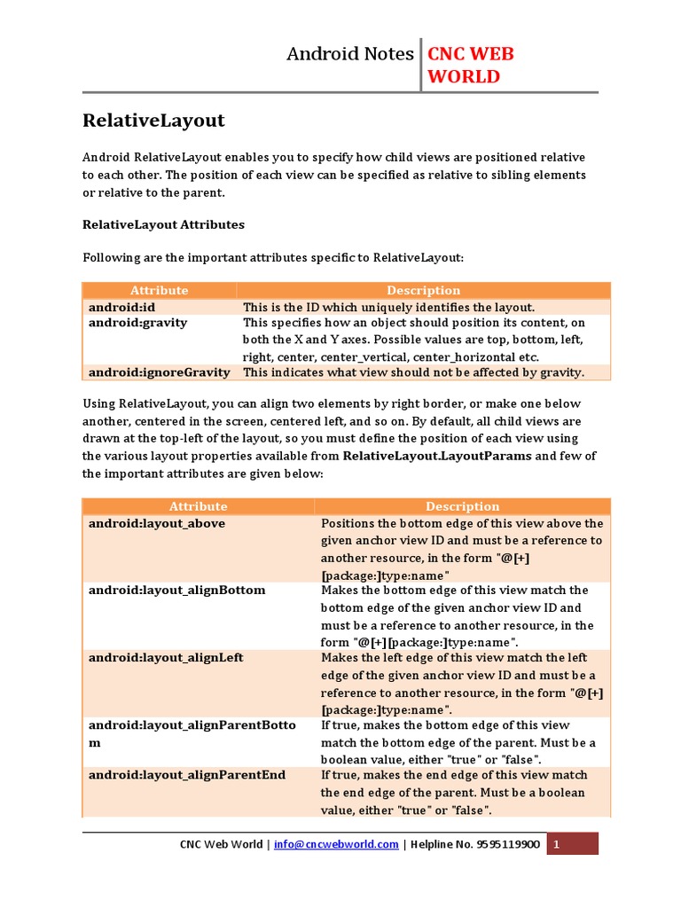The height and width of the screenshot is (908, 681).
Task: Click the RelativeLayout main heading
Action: (x=153, y=120)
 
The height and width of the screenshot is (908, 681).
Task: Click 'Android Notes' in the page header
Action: (x=349, y=54)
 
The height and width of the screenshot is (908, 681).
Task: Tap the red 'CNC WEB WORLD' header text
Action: (x=470, y=65)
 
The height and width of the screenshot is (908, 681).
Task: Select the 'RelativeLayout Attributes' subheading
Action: (x=163, y=224)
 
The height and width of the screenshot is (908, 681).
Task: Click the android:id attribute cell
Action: (x=122, y=307)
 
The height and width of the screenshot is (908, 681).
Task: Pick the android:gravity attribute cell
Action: (x=137, y=323)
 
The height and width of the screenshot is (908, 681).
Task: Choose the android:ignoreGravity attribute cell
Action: (x=159, y=372)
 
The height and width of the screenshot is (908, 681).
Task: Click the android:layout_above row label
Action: (x=156, y=523)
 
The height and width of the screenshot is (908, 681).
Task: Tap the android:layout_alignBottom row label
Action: (x=176, y=590)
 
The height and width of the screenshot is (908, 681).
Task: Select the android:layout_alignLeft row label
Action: (x=166, y=658)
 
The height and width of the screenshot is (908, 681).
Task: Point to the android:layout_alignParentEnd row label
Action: (x=186, y=775)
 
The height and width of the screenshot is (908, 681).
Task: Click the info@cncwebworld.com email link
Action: (x=336, y=844)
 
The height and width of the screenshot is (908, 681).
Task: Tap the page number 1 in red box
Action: (x=556, y=844)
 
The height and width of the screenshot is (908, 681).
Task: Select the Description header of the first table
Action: (x=423, y=290)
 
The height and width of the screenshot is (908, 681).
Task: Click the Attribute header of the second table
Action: (x=198, y=506)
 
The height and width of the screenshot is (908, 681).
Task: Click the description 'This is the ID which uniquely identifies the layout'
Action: (x=389, y=307)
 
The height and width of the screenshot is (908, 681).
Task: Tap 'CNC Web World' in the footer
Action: (x=221, y=844)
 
